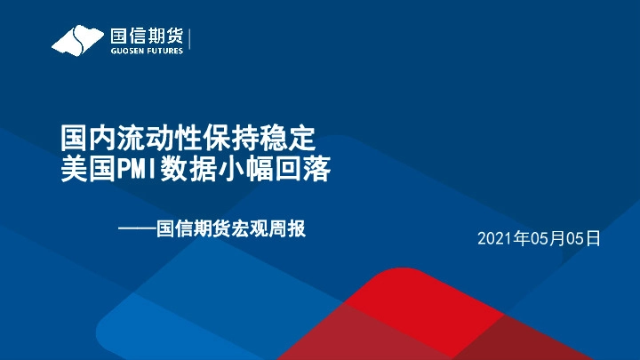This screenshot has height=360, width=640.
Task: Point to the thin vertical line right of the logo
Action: tap(190, 41)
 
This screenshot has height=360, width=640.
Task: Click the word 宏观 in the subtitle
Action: tap(251, 229)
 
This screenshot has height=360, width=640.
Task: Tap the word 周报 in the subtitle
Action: tap(289, 229)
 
